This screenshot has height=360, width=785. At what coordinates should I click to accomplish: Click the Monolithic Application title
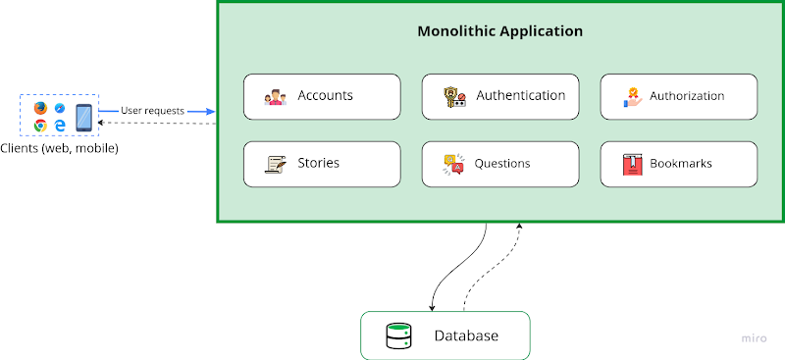point(500,31)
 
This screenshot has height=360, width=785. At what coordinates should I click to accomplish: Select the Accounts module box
point(322,96)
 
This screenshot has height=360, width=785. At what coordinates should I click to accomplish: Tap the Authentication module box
point(500,96)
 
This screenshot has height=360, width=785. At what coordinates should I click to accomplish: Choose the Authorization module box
point(679,96)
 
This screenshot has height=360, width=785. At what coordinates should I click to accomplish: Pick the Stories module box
point(322,163)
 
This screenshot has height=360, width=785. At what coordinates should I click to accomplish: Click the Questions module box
point(500,163)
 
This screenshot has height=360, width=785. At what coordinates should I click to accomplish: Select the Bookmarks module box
point(679,163)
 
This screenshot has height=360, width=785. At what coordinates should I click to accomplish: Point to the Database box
point(445,335)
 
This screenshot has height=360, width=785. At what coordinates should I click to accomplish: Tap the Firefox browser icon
point(40,108)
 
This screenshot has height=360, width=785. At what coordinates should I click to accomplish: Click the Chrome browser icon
point(40,126)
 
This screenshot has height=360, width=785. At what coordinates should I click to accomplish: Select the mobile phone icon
point(83,117)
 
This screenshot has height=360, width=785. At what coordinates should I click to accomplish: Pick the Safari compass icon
point(60,108)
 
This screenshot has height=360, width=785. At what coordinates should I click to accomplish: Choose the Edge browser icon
point(60,126)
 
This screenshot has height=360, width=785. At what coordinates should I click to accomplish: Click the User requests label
point(152,111)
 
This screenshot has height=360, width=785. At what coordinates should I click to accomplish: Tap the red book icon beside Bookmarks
point(631,164)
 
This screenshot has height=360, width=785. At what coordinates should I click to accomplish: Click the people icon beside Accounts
point(275,97)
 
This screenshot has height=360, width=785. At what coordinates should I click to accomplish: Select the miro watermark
point(754,337)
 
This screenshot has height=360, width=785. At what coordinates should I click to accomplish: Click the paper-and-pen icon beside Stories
point(275,164)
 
